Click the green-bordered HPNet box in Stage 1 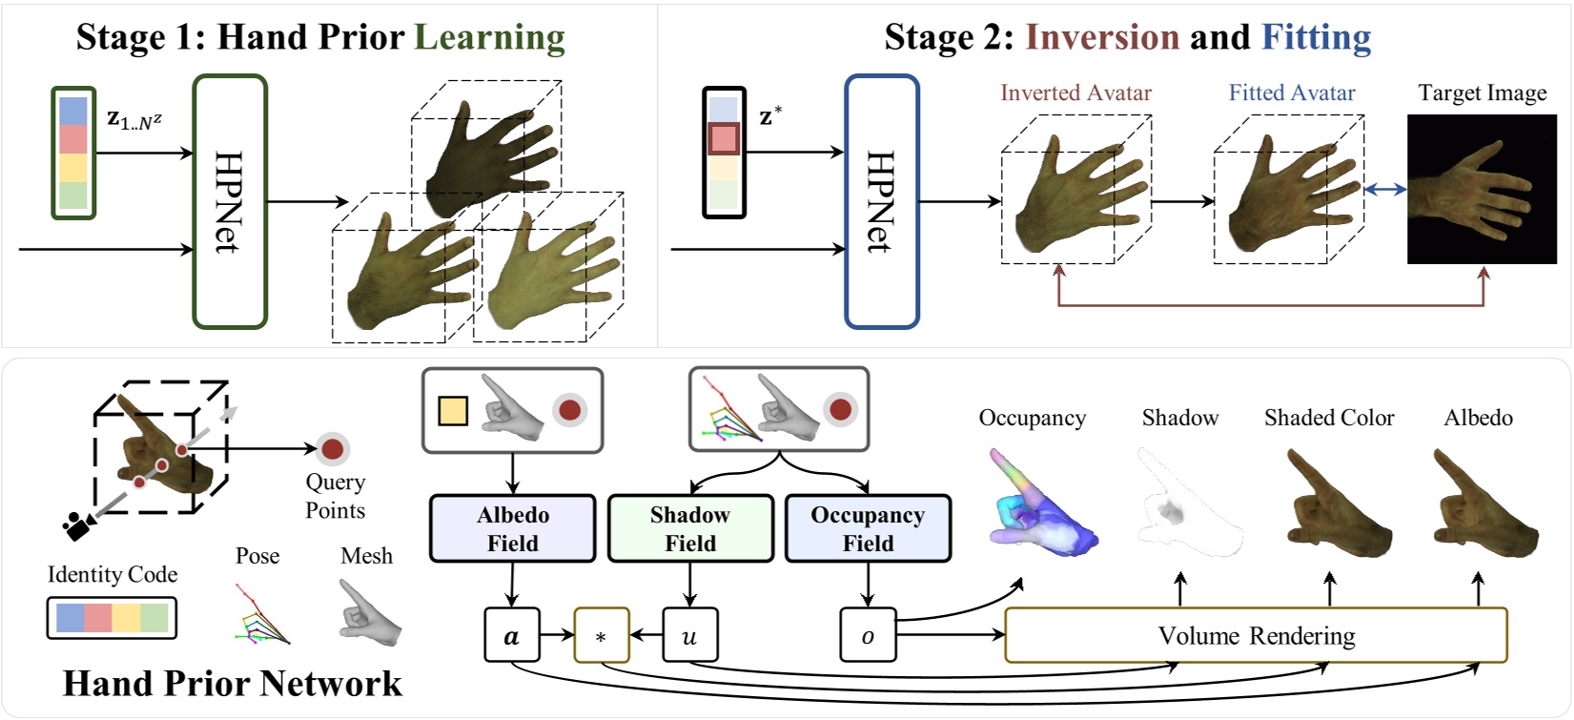[x=230, y=202]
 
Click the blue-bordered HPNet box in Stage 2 [x=881, y=202]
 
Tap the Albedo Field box [x=513, y=528]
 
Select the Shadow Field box [x=690, y=528]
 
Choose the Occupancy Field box [x=868, y=528]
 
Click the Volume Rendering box [x=1256, y=635]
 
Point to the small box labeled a [x=512, y=636]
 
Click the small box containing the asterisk [x=601, y=636]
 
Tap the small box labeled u [x=689, y=636]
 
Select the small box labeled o [x=868, y=636]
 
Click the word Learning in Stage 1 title [x=489, y=36]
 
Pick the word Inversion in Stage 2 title [x=1102, y=36]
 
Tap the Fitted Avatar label [x=1291, y=93]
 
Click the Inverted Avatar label [x=1075, y=93]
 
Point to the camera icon [x=75, y=524]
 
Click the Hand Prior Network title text [x=232, y=683]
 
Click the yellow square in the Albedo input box [x=453, y=411]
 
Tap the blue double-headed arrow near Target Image [x=1385, y=190]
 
